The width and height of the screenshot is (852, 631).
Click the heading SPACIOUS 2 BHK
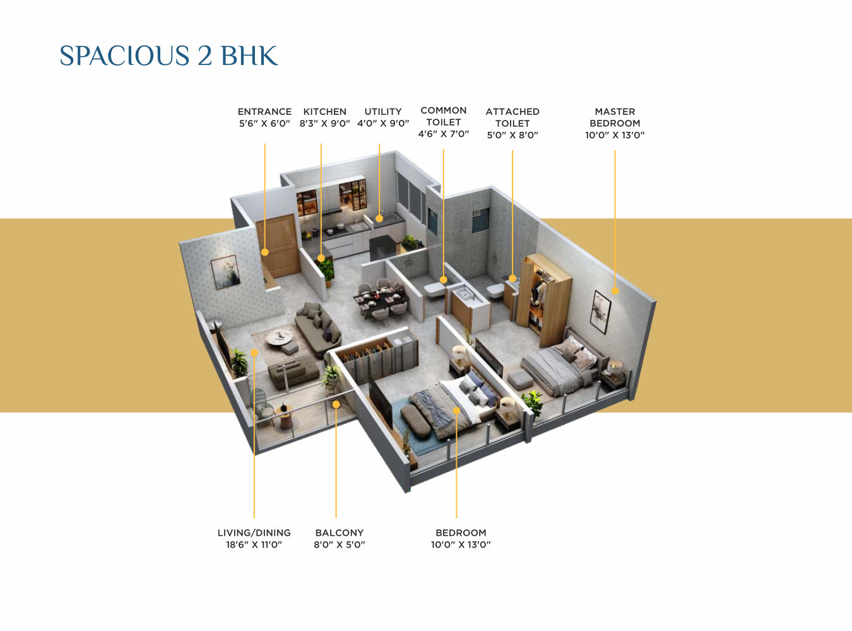tap(169, 56)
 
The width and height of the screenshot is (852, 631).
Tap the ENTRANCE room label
tap(264, 112)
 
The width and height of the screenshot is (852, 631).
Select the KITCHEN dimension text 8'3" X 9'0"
tap(324, 124)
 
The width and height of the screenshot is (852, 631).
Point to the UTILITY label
tap(383, 112)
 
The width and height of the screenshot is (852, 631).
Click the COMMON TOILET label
tap(444, 116)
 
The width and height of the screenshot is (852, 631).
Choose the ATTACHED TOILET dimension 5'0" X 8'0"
tap(512, 135)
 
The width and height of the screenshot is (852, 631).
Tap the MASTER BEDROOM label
tap(615, 117)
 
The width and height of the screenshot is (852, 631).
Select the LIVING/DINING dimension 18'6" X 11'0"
tap(254, 545)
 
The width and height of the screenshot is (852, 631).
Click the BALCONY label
tap(340, 533)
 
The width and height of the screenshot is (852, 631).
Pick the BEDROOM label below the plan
tap(461, 533)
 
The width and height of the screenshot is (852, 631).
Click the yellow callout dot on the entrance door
tap(265, 252)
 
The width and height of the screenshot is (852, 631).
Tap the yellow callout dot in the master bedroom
tap(615, 291)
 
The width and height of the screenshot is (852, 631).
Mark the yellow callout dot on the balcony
tap(336, 404)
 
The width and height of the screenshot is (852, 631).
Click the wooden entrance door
tap(278, 245)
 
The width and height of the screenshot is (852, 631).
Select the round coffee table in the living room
tap(278, 338)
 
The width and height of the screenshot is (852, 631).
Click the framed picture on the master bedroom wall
tap(600, 311)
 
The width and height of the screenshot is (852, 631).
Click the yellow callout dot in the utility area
tap(379, 218)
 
